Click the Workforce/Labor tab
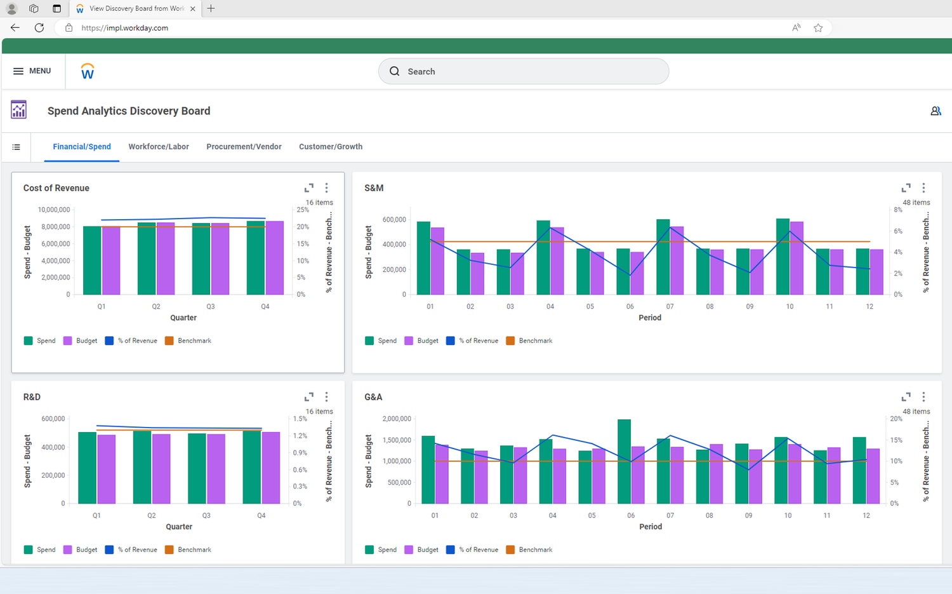(159, 147)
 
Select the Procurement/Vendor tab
(244, 147)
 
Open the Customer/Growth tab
(331, 147)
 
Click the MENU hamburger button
(32, 71)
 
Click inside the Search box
(524, 71)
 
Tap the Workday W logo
(88, 72)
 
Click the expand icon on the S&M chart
(906, 188)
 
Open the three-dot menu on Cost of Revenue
(327, 188)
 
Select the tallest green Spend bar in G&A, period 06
(624, 462)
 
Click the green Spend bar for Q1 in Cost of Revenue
(92, 260)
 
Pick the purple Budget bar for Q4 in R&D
(271, 468)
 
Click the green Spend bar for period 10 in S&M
(783, 257)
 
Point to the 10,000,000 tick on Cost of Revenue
(54, 210)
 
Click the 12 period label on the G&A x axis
(866, 516)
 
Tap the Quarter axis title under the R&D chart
(179, 527)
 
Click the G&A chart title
(373, 397)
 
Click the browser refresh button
(39, 28)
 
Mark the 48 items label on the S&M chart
(916, 203)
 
